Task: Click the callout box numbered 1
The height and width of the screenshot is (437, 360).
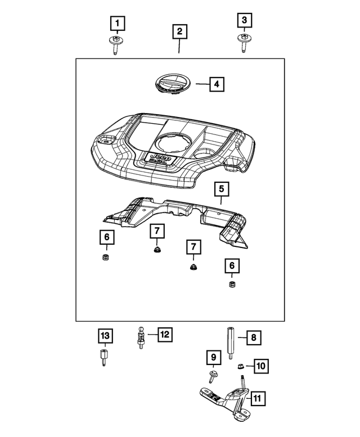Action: click(117, 24)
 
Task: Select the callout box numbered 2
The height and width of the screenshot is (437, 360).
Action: click(179, 31)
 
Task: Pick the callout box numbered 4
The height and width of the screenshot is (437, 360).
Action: click(217, 85)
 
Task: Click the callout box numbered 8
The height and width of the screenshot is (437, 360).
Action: click(253, 337)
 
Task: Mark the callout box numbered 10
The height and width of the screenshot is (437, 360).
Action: click(260, 366)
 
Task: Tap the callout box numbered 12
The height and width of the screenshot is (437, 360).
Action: click(164, 335)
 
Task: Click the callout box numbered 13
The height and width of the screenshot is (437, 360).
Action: click(105, 336)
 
